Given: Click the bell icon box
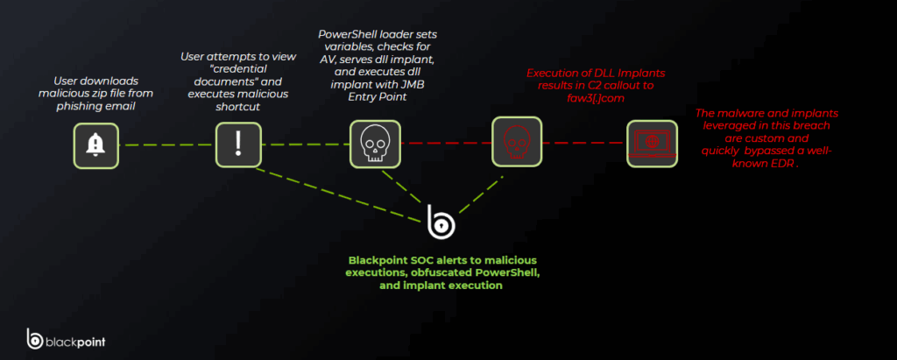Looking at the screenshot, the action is [95, 145].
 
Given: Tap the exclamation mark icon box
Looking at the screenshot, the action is [238, 145].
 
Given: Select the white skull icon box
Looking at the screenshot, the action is [374, 145].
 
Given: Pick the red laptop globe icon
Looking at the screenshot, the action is [652, 143].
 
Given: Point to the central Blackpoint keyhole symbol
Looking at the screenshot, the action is [441, 222].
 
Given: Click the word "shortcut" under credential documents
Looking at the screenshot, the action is [238, 107].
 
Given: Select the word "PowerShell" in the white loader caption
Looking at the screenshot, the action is [343, 35].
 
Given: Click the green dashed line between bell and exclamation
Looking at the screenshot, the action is [167, 145].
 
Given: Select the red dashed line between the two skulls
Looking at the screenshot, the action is [446, 143].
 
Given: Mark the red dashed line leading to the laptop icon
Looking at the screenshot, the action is [584, 143].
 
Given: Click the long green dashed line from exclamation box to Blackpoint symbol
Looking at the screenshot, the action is [340, 195].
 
